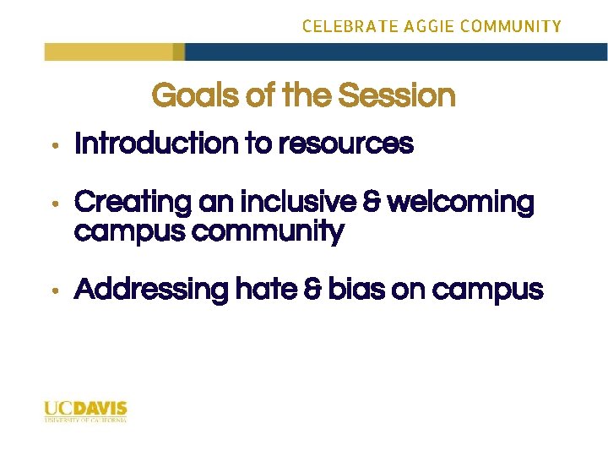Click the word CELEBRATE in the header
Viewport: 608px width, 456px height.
[340, 26]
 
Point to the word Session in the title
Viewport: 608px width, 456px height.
[397, 95]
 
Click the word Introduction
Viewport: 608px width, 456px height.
[157, 144]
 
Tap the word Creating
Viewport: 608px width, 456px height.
[133, 203]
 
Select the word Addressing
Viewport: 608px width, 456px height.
[151, 290]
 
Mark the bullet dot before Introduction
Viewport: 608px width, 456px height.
[53, 146]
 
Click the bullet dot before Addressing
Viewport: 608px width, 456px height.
[53, 291]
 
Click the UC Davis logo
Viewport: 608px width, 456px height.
[85, 411]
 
